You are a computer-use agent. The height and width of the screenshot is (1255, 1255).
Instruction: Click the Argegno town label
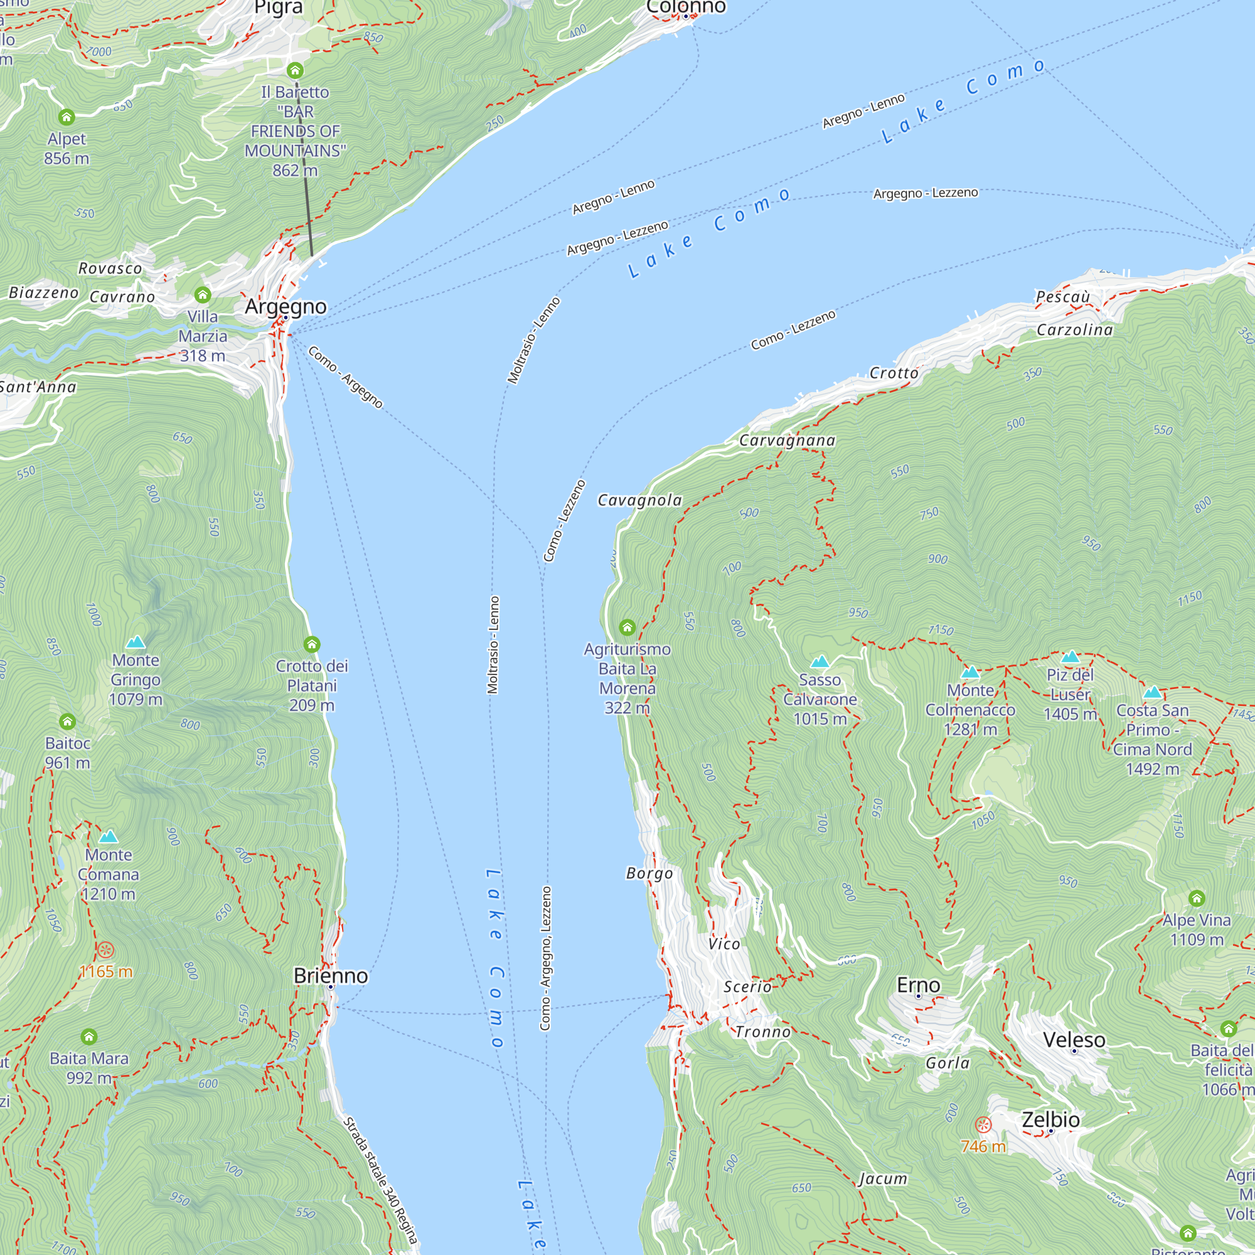click(x=285, y=306)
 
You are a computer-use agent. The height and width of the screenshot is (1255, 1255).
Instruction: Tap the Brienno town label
click(x=331, y=976)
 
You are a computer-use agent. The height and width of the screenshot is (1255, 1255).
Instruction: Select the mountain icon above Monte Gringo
click(x=135, y=642)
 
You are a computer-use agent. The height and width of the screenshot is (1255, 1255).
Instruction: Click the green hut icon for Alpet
click(x=67, y=117)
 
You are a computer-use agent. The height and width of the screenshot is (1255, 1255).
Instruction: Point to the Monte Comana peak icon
click(x=109, y=836)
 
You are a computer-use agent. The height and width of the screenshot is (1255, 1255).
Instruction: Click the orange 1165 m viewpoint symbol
click(x=106, y=949)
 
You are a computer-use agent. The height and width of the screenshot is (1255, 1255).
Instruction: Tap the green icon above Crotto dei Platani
click(x=312, y=644)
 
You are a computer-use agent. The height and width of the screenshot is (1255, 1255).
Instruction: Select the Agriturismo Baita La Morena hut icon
click(x=627, y=627)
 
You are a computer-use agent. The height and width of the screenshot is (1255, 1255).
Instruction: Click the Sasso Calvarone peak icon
click(x=820, y=661)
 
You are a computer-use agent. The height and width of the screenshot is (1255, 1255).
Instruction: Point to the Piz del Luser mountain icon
click(x=1070, y=657)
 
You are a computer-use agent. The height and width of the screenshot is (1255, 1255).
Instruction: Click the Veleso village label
click(x=1074, y=1039)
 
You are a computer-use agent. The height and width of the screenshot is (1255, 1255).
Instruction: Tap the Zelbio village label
click(x=1050, y=1119)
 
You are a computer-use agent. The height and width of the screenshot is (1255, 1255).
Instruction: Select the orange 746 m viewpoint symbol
click(x=983, y=1124)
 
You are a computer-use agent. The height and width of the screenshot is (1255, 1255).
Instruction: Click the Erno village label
click(x=919, y=985)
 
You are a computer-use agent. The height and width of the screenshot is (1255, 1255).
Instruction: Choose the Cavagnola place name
click(x=640, y=500)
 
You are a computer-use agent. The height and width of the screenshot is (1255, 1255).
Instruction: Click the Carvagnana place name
click(x=788, y=441)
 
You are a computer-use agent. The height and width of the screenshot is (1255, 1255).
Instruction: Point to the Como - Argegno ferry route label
click(x=346, y=376)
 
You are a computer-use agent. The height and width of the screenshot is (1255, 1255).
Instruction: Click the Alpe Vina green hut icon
click(x=1197, y=899)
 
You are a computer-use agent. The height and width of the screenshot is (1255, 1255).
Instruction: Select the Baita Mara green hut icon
click(x=89, y=1037)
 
